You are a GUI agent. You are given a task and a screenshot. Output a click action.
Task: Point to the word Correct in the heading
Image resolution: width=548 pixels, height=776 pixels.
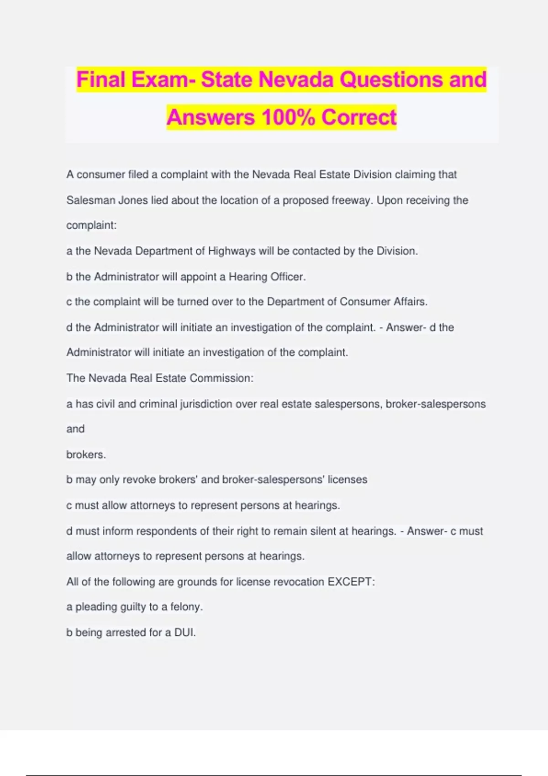(359, 117)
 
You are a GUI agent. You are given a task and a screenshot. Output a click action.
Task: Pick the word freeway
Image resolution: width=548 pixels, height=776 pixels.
(352, 200)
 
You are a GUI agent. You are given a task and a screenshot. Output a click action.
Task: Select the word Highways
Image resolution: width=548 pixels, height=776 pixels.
(232, 251)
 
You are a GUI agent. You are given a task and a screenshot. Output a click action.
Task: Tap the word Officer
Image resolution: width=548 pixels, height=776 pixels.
(288, 277)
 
